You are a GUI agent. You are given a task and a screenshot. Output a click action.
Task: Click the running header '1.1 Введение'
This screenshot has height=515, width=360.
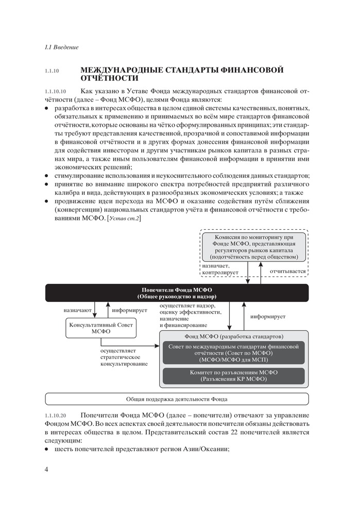pos(62,48)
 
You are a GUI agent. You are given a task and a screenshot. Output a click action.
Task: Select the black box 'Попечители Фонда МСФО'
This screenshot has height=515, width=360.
pos(177,293)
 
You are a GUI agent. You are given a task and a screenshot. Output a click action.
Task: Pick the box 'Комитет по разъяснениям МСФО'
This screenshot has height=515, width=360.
pos(233,375)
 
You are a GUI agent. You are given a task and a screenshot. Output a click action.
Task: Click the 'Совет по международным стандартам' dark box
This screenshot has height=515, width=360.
pos(233,353)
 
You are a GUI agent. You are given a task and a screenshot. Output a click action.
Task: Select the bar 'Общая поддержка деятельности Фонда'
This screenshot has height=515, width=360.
pos(177,399)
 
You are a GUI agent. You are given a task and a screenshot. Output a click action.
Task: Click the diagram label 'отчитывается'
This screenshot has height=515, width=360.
pos(286,271)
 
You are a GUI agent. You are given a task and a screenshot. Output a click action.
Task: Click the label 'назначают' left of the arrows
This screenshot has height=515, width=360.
pos(78,311)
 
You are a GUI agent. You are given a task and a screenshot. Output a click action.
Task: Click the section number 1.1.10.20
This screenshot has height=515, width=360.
pos(56,415)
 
